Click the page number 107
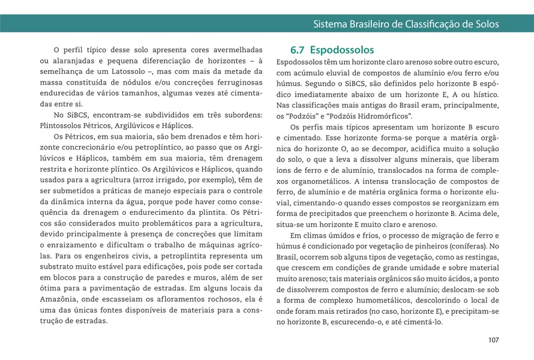pyautogui.click(x=493, y=340)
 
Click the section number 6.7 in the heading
pyautogui.click(x=298, y=50)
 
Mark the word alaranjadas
pyautogui.click(x=72, y=61)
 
